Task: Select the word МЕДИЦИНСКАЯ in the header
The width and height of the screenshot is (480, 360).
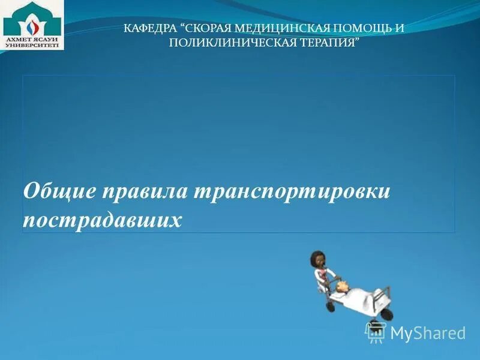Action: click(281, 28)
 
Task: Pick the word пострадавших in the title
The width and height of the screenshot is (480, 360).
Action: click(102, 219)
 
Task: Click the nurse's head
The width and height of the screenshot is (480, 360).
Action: click(317, 260)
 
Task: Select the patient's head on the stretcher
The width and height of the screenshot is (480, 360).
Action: click(343, 287)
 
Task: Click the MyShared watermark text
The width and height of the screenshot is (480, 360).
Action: click(428, 333)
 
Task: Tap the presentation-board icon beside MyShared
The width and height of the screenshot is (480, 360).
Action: click(376, 332)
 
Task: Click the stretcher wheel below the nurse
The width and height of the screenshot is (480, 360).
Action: click(330, 305)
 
